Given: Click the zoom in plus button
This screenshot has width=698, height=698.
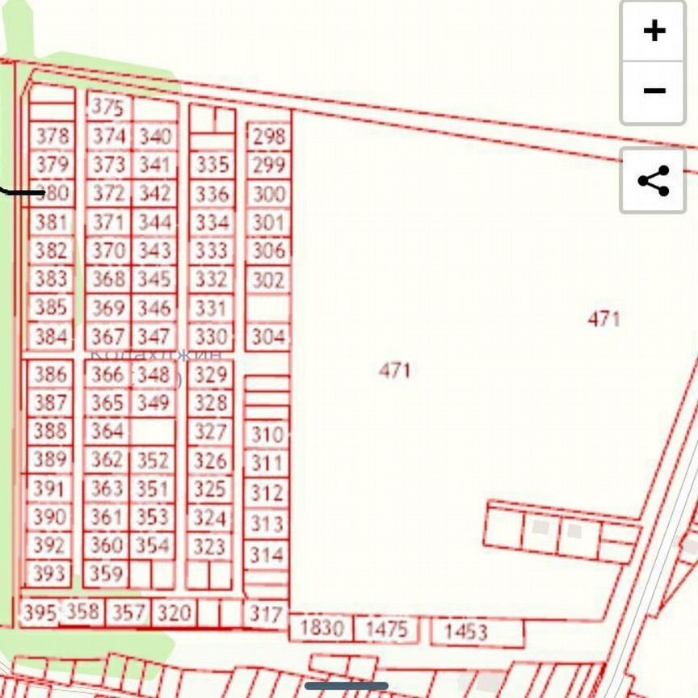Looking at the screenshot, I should point(654,31).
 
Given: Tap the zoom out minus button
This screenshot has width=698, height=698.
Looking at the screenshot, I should point(654,90).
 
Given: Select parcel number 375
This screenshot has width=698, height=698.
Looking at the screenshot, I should point(108,107).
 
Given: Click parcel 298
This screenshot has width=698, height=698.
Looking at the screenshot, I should point(268,137).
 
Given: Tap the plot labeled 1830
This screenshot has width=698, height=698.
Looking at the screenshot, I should point(322,628).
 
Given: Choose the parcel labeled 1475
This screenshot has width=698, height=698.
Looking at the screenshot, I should point(386,629).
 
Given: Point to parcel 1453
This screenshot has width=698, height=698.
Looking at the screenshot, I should point(465,631).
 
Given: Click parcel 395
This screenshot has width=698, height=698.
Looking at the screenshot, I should point(39,612).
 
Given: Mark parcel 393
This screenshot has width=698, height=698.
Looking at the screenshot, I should point(49,574).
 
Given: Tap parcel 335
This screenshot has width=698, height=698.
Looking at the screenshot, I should point(212,166).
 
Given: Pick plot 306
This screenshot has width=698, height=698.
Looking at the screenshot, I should point(268,250).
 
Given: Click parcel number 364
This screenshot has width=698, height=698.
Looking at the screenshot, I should point(107,431).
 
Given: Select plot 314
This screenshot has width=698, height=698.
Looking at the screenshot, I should point(266,555).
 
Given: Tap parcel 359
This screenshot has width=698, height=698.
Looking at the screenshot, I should point(107,574).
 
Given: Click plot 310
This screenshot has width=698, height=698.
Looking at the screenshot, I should point(266,435).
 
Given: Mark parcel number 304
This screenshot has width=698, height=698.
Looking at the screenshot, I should point(268,336).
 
